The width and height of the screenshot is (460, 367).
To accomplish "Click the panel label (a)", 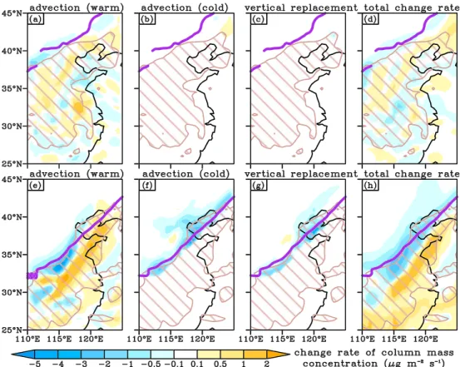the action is click(x=36, y=20).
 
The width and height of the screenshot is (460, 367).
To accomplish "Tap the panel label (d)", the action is click(x=370, y=20).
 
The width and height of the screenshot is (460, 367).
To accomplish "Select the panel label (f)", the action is click(x=147, y=186).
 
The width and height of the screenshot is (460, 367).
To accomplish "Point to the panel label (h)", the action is click(x=370, y=186).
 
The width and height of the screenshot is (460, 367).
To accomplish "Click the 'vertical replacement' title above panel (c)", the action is click(x=301, y=8).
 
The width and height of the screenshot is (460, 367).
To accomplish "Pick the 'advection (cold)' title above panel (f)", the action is click(x=185, y=174).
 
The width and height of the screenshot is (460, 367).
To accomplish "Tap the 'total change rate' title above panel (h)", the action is click(x=411, y=174).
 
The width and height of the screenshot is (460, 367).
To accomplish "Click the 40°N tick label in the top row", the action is click(x=12, y=51).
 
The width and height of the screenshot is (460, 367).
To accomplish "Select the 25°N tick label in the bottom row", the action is click(x=12, y=330).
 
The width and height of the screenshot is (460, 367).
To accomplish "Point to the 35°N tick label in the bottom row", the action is click(x=12, y=255).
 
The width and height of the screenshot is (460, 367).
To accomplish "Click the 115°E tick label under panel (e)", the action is click(x=59, y=340).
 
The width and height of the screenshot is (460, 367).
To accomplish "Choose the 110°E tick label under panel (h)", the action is click(x=363, y=340).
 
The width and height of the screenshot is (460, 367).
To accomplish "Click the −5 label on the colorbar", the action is click(x=35, y=364).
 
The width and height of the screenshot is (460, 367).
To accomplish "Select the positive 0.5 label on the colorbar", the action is click(x=220, y=364).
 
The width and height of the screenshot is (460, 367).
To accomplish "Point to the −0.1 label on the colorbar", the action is click(x=174, y=364).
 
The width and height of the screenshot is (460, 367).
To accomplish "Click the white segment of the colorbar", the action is click(x=185, y=354).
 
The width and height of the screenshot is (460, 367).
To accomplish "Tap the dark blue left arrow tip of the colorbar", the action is click(x=12, y=355).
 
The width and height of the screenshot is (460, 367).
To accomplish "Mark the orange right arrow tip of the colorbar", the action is click(x=289, y=355).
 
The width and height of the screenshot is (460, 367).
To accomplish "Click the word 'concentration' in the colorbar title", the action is click(x=339, y=364).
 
